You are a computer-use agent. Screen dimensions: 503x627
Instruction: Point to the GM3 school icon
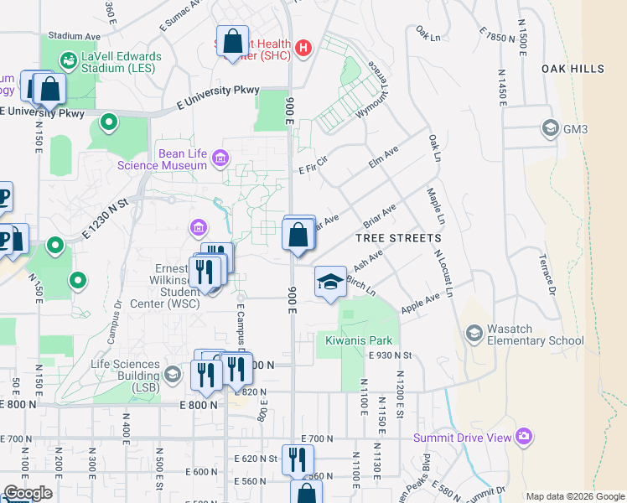tap(550, 129)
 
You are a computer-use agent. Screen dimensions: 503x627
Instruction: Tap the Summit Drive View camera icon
tap(524, 436)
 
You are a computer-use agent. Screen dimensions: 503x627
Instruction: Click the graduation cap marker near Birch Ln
tap(330, 283)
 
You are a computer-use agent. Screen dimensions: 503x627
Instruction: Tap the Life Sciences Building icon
tap(174, 373)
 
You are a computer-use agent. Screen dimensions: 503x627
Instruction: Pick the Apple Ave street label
tap(421, 304)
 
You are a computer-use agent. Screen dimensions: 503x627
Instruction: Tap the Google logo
tap(28, 493)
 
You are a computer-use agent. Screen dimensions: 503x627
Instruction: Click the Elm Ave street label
tap(383, 157)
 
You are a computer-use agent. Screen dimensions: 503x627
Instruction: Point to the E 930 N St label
tap(391, 355)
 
